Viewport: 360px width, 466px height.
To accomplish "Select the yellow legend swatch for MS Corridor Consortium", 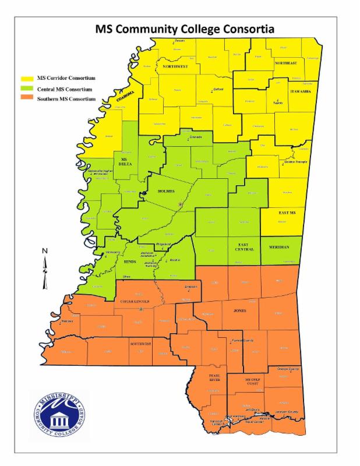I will tap(27, 78).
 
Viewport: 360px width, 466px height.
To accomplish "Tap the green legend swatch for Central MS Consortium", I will tap(27, 89).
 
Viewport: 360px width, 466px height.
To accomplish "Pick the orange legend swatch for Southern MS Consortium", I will tap(27, 100).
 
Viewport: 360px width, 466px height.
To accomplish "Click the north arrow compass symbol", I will tap(45, 267).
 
